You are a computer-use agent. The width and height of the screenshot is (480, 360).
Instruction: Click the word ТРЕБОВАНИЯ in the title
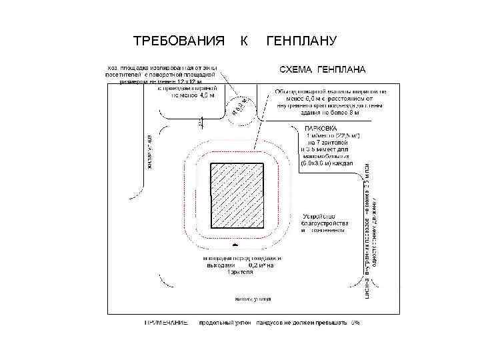click(178, 41)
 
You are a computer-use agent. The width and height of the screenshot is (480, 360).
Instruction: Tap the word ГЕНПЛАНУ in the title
click(302, 41)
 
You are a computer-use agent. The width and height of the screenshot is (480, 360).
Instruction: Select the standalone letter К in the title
click(244, 41)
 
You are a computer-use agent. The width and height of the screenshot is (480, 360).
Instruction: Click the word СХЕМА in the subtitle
click(297, 69)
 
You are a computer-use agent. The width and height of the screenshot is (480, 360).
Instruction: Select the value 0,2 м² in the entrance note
click(261, 265)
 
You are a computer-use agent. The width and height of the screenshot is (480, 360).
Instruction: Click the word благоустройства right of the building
click(325, 223)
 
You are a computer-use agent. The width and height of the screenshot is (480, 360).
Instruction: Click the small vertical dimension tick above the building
click(200, 123)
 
